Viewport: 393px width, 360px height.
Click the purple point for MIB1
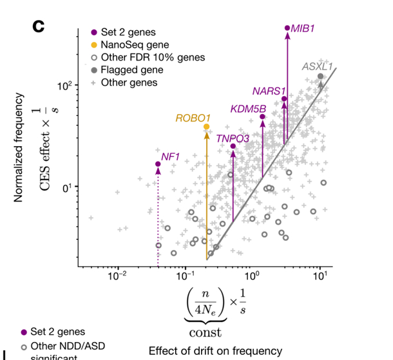pos(287,28)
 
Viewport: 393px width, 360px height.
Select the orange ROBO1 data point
pos(207,127)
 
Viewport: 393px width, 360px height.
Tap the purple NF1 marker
pos(158,164)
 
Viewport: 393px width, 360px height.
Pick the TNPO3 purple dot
pos(233,146)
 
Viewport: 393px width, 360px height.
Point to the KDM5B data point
pos(262,117)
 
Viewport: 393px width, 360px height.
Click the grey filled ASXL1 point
pos(321,77)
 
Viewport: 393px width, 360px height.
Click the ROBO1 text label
pos(193,118)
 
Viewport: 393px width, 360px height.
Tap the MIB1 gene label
pos(303,28)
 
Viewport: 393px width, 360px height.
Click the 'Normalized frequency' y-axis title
pos(19,148)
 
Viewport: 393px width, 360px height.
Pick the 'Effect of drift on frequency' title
pos(215,351)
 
